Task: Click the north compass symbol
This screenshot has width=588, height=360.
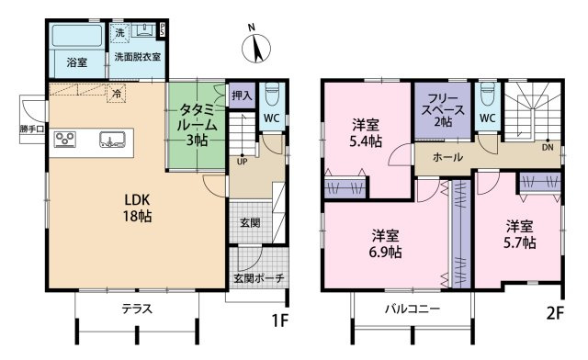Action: point(256,47)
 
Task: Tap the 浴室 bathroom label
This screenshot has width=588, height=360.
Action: point(77,62)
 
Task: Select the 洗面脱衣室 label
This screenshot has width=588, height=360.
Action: point(138,57)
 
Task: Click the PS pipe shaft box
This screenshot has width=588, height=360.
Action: point(163,29)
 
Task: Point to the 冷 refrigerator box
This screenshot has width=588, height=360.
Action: point(117,94)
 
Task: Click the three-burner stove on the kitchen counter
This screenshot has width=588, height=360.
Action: point(65,140)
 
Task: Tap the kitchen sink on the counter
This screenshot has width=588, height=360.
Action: point(112,140)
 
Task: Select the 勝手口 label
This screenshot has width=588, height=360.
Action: point(32,129)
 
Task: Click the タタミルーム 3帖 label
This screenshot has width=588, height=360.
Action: point(197,125)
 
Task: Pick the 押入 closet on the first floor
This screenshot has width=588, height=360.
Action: point(242,96)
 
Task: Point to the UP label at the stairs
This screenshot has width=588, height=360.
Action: point(243,162)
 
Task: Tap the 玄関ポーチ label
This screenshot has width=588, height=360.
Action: point(259,278)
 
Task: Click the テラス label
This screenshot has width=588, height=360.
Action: point(137,309)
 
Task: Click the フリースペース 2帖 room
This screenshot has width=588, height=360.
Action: point(443,110)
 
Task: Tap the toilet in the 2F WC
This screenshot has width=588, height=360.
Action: point(488,94)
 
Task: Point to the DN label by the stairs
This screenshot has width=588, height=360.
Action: point(548,147)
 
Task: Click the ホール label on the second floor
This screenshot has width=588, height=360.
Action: point(447,157)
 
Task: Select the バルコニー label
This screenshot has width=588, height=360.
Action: point(413,309)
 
